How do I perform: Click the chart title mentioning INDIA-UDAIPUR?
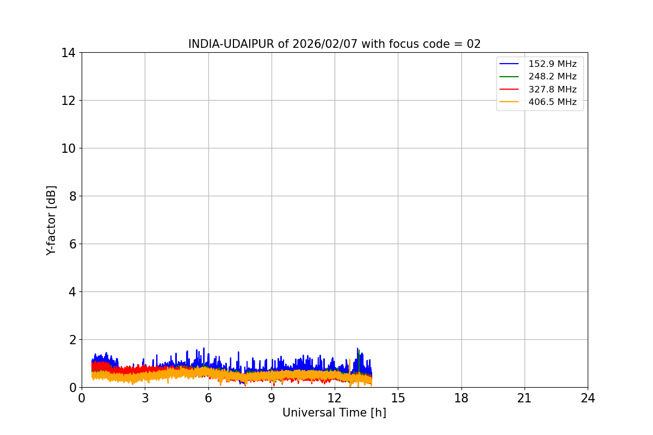(x=334, y=44)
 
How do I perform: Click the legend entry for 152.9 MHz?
(x=552, y=64)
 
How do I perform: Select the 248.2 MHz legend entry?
(x=552, y=77)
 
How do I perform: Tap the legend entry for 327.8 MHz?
(x=552, y=89)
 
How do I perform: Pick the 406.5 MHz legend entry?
(x=552, y=102)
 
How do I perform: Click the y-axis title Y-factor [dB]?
(x=51, y=220)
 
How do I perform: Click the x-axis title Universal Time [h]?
(x=334, y=413)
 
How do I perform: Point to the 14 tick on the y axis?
(x=69, y=53)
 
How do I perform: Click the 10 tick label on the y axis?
(x=69, y=148)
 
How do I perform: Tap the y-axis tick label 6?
(x=72, y=244)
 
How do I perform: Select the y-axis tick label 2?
(x=72, y=340)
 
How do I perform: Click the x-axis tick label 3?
(x=145, y=399)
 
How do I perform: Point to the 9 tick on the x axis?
(x=272, y=399)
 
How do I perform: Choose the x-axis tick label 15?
(x=398, y=399)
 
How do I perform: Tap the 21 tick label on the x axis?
(x=525, y=399)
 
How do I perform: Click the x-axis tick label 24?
(x=588, y=399)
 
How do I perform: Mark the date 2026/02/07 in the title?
(x=325, y=44)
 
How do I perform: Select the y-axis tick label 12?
(x=69, y=101)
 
